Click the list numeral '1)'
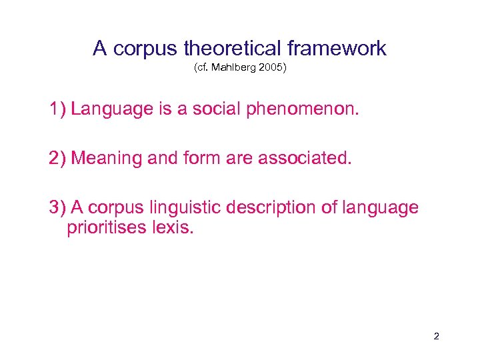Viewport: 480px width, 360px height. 57,109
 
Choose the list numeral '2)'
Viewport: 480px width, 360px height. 57,158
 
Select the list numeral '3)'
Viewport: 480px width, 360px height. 57,207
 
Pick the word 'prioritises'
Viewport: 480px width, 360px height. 111,228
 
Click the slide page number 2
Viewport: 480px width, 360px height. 436,337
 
